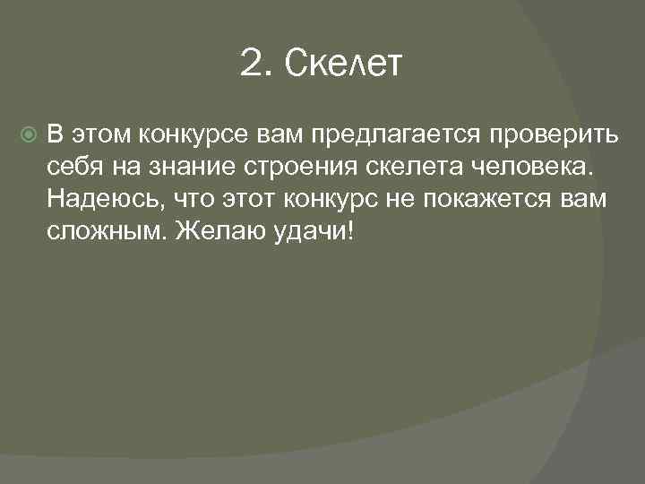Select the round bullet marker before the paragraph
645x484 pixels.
coord(26,135)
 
